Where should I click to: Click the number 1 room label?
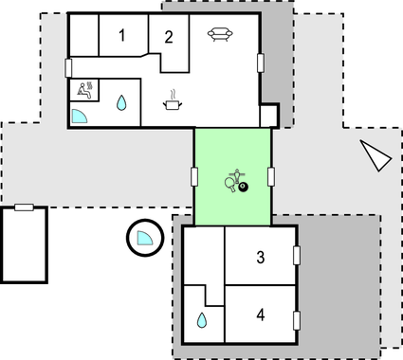coord(121,37)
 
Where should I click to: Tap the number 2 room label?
coord(168,38)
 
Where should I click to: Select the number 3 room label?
coord(259,256)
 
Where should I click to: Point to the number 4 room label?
coord(259,314)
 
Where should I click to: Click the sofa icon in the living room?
coord(220,35)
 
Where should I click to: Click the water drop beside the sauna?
coord(121,101)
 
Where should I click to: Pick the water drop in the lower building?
coord(201,321)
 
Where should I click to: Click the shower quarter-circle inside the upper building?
coord(80,117)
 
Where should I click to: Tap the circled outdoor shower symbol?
coord(144,236)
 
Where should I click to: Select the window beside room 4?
coord(297,320)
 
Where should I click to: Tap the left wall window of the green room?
coord(194,177)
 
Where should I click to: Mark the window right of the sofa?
coord(261,63)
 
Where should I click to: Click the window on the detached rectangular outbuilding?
coord(25,207)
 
